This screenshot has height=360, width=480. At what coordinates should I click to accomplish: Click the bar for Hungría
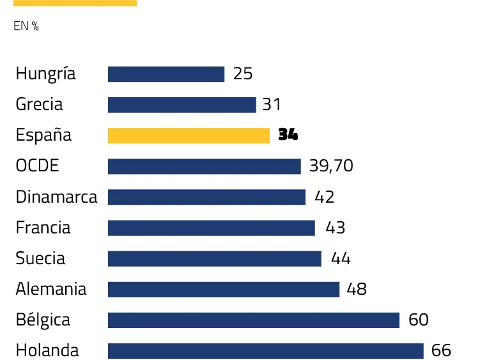[166, 74]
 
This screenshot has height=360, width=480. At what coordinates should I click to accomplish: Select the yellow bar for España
[189, 136]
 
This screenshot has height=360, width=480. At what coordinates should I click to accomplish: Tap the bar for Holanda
[265, 351]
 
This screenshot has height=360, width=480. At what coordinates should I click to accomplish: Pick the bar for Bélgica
[253, 320]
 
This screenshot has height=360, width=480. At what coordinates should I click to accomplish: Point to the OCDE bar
[204, 166]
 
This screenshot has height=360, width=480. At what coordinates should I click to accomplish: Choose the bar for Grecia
[182, 105]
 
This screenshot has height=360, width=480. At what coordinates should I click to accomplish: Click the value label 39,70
[331, 166]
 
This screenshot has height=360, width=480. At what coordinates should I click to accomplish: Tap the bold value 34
[288, 136]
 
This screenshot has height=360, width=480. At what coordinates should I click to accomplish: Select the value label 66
[441, 351]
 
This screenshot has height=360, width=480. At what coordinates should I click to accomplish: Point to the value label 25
[243, 74]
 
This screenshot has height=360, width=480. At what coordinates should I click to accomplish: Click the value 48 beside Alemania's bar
[357, 289]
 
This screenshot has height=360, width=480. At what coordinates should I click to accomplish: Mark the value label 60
[418, 320]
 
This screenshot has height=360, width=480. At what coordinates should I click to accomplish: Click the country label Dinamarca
[56, 197]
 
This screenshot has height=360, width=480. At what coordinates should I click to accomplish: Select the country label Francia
[43, 228]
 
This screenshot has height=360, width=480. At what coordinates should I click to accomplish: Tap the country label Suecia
[40, 258]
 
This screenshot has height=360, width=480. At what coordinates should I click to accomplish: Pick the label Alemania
[51, 289]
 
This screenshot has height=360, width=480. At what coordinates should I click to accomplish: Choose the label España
[43, 136]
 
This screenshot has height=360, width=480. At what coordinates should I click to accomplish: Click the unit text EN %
[26, 27]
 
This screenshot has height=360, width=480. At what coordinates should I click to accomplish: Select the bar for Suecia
[214, 258]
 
